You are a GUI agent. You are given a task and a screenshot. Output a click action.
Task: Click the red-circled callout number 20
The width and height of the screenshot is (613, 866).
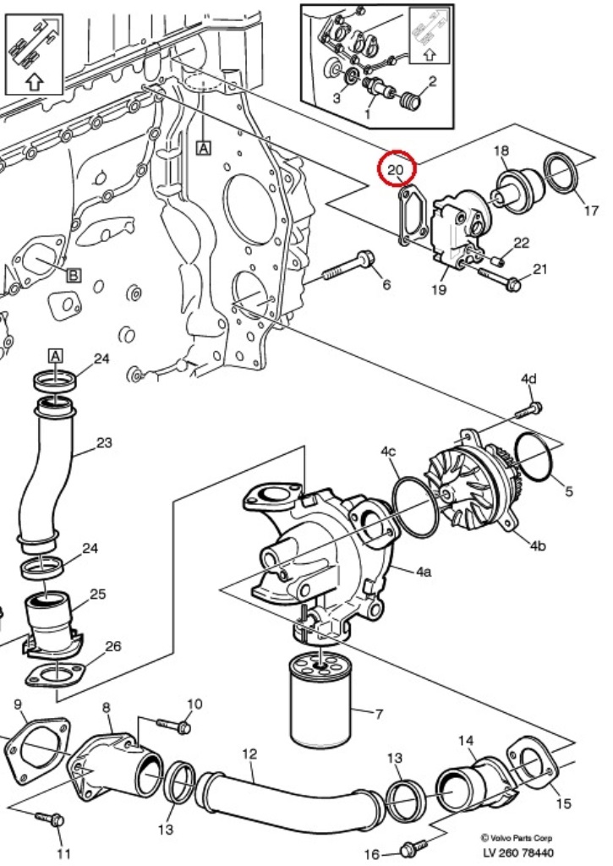(396, 169)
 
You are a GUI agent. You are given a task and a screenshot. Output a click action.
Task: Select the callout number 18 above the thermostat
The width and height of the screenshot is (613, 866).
(501, 151)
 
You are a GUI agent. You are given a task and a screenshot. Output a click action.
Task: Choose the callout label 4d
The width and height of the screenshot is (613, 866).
(528, 379)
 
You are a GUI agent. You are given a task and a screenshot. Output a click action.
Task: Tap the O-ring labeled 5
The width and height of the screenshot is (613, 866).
(534, 457)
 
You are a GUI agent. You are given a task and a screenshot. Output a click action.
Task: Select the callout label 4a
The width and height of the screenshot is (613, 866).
(423, 571)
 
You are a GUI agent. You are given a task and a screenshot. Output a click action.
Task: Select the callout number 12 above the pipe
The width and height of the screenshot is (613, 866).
(249, 754)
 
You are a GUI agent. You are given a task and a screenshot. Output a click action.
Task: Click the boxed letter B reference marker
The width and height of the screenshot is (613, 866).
(74, 275)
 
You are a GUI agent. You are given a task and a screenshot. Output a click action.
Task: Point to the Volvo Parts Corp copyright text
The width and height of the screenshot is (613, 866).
(516, 838)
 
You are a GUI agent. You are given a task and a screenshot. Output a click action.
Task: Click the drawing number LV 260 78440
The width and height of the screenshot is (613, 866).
(518, 853)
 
